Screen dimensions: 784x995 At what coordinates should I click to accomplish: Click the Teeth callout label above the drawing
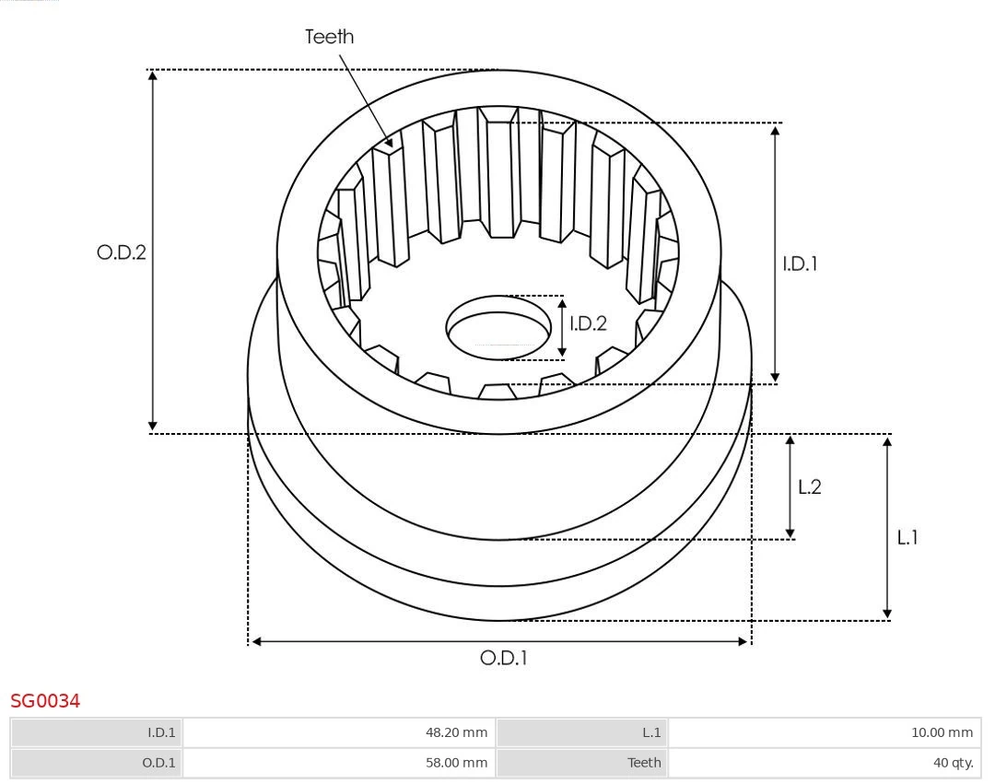point(329,37)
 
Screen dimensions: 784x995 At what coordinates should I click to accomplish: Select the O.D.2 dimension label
point(122,252)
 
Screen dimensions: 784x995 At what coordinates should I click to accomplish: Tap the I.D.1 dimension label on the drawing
point(800,263)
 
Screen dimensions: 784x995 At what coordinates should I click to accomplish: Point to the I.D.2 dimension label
point(588,323)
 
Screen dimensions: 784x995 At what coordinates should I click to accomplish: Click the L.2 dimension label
point(809,487)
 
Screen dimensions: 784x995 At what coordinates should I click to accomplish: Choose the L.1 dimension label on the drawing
point(907,538)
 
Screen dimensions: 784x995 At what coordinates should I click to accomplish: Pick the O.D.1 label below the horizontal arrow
point(504,659)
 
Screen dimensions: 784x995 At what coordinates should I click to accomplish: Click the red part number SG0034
point(45,702)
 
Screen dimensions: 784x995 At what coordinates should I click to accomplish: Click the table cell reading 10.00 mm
point(941,733)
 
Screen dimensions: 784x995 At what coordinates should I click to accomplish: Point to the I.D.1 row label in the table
point(160,733)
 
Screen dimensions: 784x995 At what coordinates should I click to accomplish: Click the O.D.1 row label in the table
point(159,763)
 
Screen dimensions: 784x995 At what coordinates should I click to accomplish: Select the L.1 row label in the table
point(650,733)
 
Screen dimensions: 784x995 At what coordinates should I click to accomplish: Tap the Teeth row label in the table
point(644,763)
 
